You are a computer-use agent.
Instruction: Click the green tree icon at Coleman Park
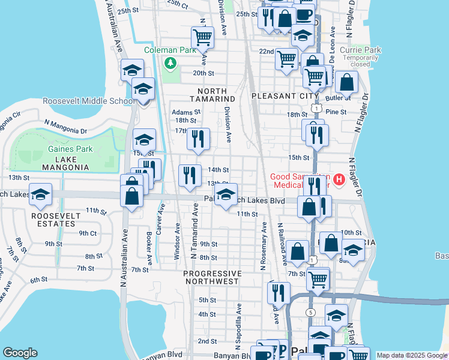[x=171, y=62]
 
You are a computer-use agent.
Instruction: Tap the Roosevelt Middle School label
[x=88, y=101]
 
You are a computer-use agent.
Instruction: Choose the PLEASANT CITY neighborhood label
[x=285, y=96]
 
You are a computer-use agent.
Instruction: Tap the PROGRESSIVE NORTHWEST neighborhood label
[x=212, y=277]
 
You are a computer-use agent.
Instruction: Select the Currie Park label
[x=360, y=50]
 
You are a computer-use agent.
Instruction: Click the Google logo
[x=20, y=352]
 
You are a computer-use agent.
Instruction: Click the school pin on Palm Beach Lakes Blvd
[x=226, y=194]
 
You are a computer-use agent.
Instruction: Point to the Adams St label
[x=185, y=112]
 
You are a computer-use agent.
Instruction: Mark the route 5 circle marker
[x=310, y=312]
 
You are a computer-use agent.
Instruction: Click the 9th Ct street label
[x=88, y=233]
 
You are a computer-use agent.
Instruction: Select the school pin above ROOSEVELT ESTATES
[x=40, y=194]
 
